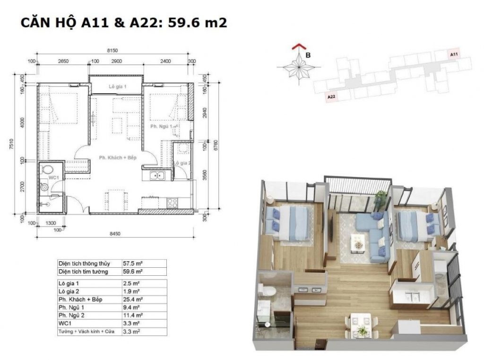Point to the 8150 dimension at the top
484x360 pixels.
pos(112,49)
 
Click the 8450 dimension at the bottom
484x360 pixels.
pos(115,233)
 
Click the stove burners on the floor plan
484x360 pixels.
pos(172,203)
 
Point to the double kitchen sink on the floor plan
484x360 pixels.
pos(156,176)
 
